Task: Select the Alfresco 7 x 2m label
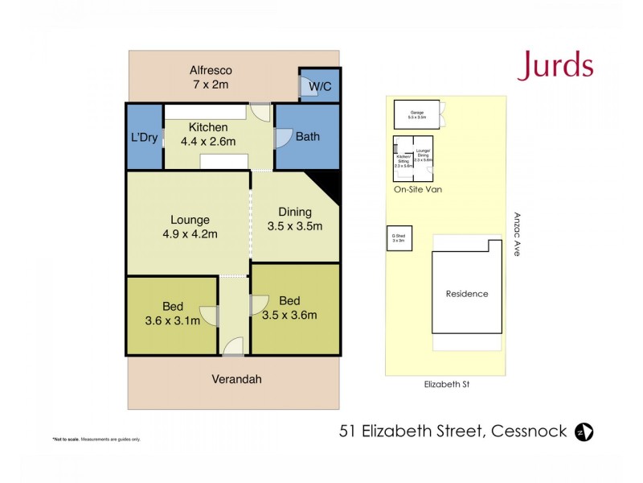coord(211,77)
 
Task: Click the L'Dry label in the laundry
coord(144,138)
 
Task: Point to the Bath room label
coord(307,137)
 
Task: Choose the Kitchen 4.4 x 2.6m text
coord(208,135)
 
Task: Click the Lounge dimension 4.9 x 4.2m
coord(190,234)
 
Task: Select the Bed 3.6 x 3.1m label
coord(173,314)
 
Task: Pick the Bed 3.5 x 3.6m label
coord(289,308)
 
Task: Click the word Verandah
coord(236,379)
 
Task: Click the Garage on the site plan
coord(416,114)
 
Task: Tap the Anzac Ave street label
coord(515,234)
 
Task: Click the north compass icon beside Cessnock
coord(584,431)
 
